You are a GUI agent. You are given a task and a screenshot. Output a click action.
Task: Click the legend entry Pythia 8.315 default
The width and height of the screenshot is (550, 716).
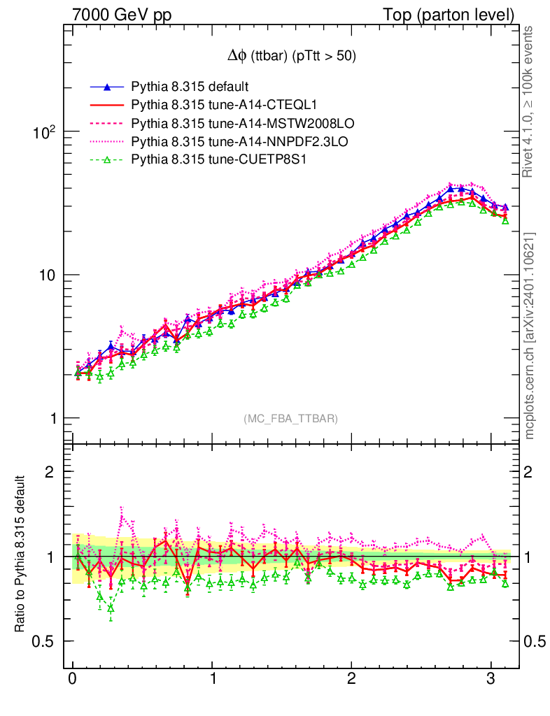(190, 87)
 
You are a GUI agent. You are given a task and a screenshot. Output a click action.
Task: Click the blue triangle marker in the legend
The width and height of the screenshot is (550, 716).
(106, 87)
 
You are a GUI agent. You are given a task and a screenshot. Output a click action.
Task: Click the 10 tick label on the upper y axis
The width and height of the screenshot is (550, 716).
(47, 275)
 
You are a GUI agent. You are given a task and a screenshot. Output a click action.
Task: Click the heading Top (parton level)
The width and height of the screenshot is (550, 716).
(458, 15)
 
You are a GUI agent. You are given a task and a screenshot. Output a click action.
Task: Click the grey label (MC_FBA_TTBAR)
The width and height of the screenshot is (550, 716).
(291, 419)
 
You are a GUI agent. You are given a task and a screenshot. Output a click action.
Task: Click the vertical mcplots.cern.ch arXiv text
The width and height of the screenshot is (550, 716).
(530, 335)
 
